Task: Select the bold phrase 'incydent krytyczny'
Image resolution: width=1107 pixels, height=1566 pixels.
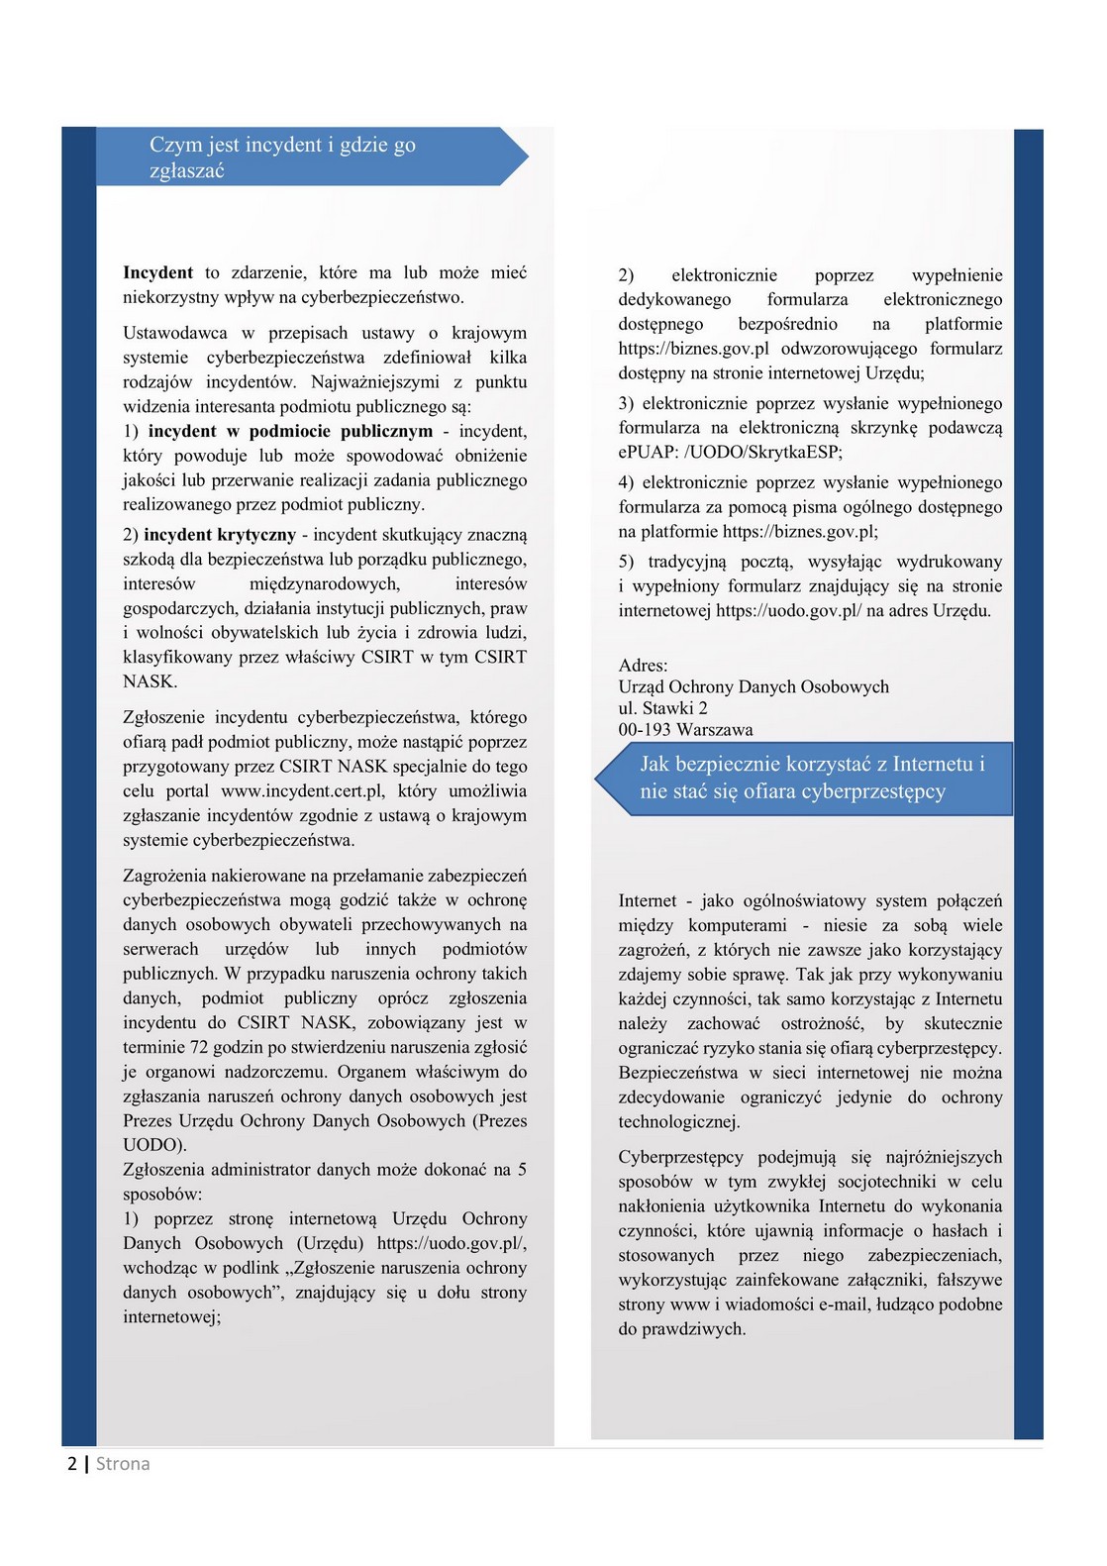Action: point(220,535)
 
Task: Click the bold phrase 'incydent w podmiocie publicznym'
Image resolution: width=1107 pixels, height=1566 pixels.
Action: point(290,431)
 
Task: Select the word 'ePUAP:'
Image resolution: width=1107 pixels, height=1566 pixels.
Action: point(648,453)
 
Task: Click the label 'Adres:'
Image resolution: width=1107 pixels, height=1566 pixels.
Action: point(643,666)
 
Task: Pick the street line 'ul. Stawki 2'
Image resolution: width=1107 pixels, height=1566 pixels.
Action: point(662,708)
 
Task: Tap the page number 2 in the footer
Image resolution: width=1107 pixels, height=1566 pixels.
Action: point(72,1464)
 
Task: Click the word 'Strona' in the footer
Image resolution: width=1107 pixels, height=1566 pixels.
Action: point(123,1464)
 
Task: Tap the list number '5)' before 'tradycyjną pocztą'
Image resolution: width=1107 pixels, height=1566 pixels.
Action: point(628,562)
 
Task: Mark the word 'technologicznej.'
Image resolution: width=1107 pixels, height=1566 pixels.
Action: point(679,1122)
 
